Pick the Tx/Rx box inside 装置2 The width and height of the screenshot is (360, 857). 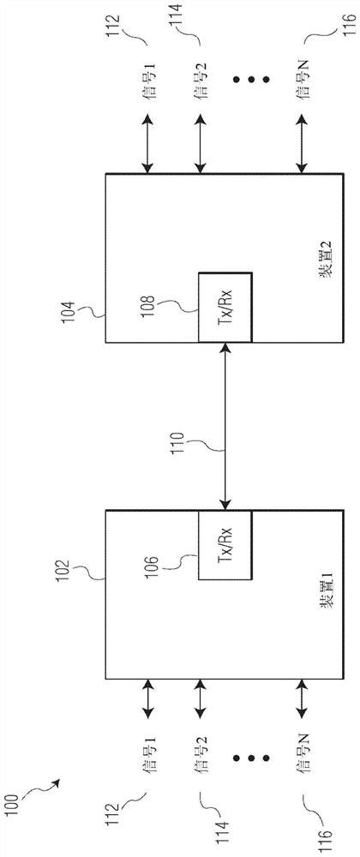225,306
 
